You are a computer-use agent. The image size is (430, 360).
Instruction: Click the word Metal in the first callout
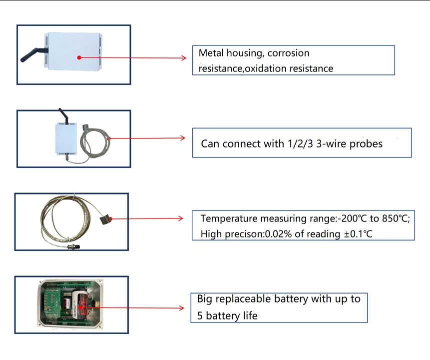[x=211, y=53]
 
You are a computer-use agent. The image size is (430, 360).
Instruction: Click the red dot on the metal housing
[x=79, y=57]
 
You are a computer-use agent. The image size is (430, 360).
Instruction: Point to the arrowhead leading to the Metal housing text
[x=184, y=57]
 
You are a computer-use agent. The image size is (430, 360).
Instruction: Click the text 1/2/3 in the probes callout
[x=300, y=143]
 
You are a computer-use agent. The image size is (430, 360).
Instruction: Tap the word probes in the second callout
[x=366, y=144]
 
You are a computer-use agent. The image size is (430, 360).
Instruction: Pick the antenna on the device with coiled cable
[x=63, y=115]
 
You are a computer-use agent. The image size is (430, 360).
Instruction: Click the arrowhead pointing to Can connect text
[x=183, y=138]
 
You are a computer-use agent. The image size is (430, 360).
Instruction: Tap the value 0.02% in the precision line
[x=278, y=234]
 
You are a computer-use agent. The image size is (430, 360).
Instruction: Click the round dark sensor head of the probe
[x=105, y=219]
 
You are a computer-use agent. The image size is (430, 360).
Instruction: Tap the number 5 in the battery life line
[x=200, y=316]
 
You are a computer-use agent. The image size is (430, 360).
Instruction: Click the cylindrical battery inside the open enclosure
[x=80, y=305]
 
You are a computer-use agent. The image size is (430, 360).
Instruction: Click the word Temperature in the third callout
[x=229, y=219]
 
